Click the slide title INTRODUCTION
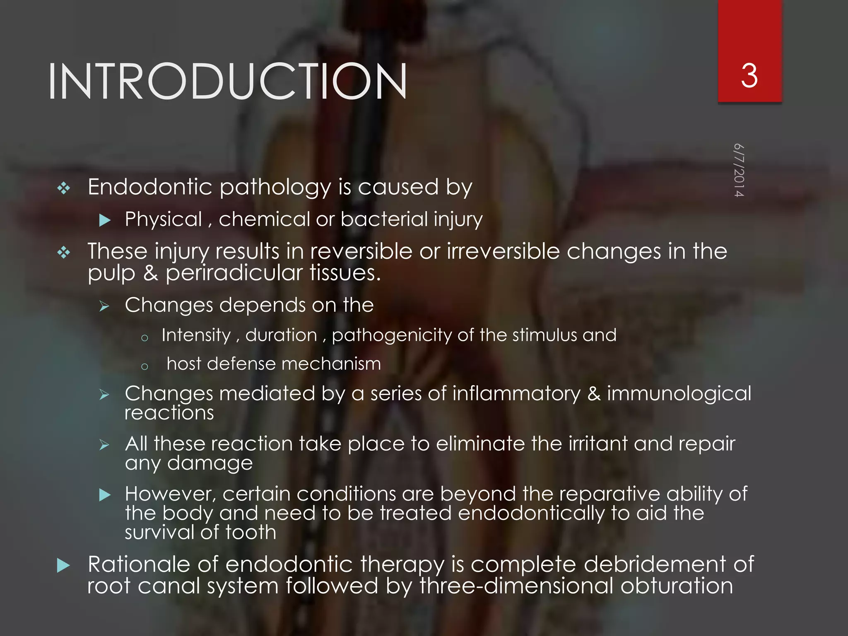[227, 82]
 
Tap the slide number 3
[749, 76]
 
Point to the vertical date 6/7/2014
[739, 170]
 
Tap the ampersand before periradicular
[151, 273]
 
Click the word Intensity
[196, 335]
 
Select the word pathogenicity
[392, 335]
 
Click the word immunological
[679, 393]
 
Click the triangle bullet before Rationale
[63, 565]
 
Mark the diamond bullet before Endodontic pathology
[64, 188]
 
